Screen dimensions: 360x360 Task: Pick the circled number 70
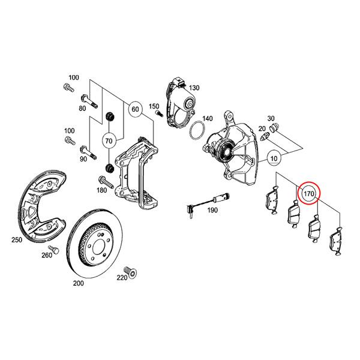point(109,142)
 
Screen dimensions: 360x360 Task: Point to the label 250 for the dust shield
point(17,239)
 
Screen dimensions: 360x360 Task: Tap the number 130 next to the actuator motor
point(194,88)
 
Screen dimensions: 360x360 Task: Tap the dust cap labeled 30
point(275,128)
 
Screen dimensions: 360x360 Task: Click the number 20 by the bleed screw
point(262,128)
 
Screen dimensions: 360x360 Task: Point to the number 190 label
point(212,211)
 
